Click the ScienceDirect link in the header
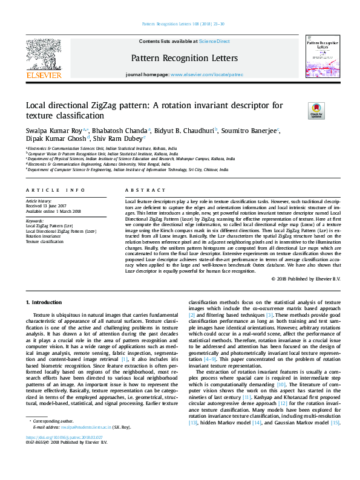pos(215,41)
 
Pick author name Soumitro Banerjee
pos(249,130)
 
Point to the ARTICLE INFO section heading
pos(55,189)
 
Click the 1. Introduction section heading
pos(45,301)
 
